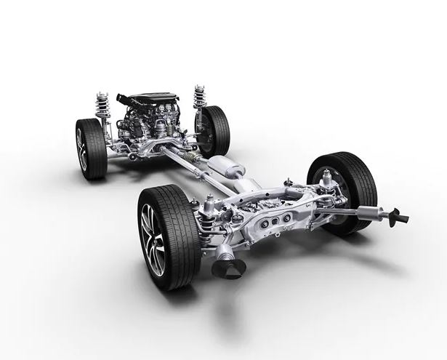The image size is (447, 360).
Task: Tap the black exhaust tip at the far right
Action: pyautogui.click(x=398, y=217)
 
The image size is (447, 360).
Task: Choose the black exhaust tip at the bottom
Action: pyautogui.click(x=228, y=268)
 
